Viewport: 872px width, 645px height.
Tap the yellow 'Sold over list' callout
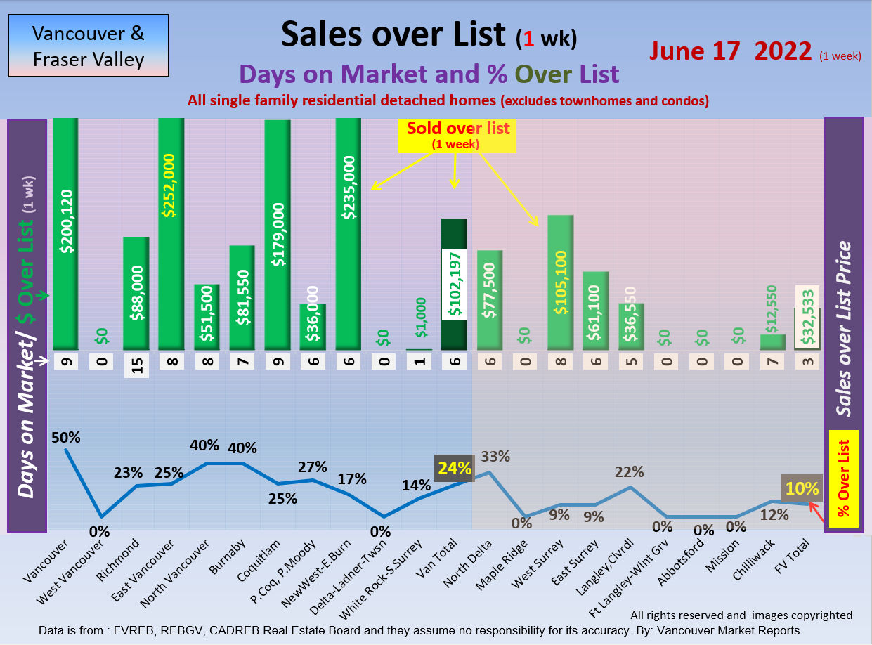455,135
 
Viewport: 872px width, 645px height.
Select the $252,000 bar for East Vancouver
171,232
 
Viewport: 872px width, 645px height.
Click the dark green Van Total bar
455,284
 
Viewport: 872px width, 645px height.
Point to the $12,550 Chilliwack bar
773,341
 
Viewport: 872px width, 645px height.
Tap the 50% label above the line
65,437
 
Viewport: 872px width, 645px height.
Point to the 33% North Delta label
495,456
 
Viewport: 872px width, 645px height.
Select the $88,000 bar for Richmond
136,293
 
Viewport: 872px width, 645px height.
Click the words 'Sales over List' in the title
393,34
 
